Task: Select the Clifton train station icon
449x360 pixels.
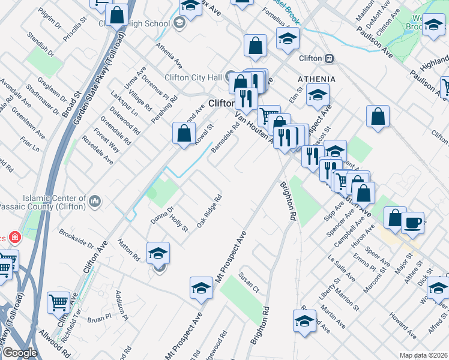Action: [x=328, y=59]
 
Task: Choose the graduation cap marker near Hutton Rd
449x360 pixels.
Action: [x=158, y=252]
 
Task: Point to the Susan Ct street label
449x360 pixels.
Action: [x=249, y=282]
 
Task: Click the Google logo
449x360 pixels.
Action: [x=20, y=352]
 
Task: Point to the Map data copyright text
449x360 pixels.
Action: [x=423, y=355]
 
